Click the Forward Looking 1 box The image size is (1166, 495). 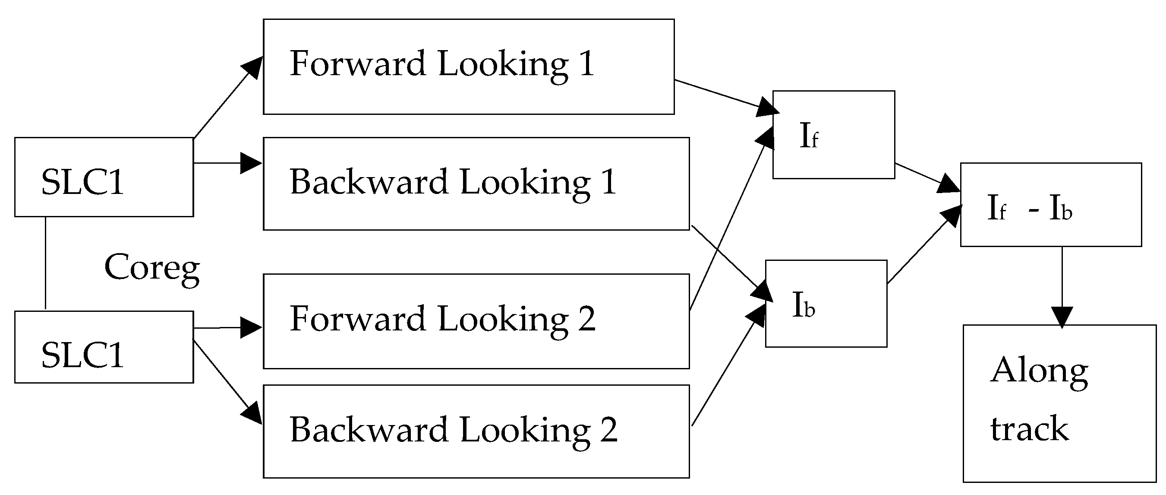tap(469, 67)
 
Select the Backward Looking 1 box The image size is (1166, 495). tap(476, 184)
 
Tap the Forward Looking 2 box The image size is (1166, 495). tap(476, 320)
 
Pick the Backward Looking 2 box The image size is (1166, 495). tap(476, 431)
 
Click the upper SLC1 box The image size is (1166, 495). tap(104, 177)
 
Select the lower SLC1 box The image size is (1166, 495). tap(104, 347)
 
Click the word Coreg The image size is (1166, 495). tap(152, 267)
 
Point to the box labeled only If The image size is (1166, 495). tap(833, 134)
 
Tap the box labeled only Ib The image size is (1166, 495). tap(826, 303)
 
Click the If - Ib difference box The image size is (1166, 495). tap(1051, 205)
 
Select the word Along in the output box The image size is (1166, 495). tap(1039, 371)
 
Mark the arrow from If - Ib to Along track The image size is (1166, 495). tap(1062, 286)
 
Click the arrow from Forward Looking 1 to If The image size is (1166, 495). tap(724, 95)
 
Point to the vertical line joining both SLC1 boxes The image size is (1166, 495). tap(46, 263)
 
